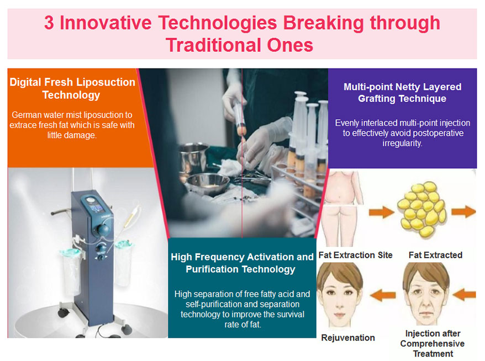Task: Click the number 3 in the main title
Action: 49,23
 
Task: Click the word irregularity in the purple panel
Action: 402,144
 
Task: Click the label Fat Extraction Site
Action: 355,255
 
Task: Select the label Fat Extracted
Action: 435,255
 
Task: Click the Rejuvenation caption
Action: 348,338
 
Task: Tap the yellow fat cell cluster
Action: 421,208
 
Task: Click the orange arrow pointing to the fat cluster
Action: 381,212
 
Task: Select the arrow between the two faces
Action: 383,295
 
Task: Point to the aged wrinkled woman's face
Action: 426,294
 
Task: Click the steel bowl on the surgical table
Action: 207,184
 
